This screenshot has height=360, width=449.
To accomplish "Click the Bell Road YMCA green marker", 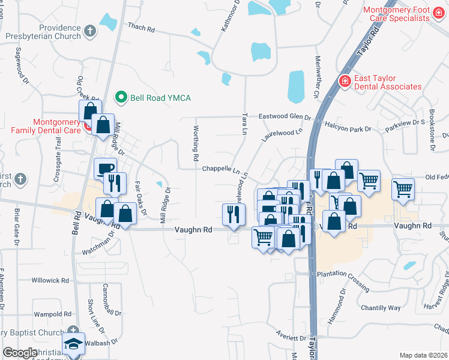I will point(121,97).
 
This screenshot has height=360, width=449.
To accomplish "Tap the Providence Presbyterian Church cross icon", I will point(90,31).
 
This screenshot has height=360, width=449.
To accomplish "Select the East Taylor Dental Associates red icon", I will point(345,81).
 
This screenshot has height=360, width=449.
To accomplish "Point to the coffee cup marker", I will point(105,168).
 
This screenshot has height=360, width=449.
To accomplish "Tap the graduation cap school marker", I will point(74,344).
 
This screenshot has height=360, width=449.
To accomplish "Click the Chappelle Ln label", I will point(221,169).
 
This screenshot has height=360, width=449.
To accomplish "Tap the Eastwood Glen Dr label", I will point(285,117).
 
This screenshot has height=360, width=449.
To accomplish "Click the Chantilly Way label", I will point(381,308).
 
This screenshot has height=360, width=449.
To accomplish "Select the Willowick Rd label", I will point(50,280).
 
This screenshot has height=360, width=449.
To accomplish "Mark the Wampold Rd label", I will point(52,314).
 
